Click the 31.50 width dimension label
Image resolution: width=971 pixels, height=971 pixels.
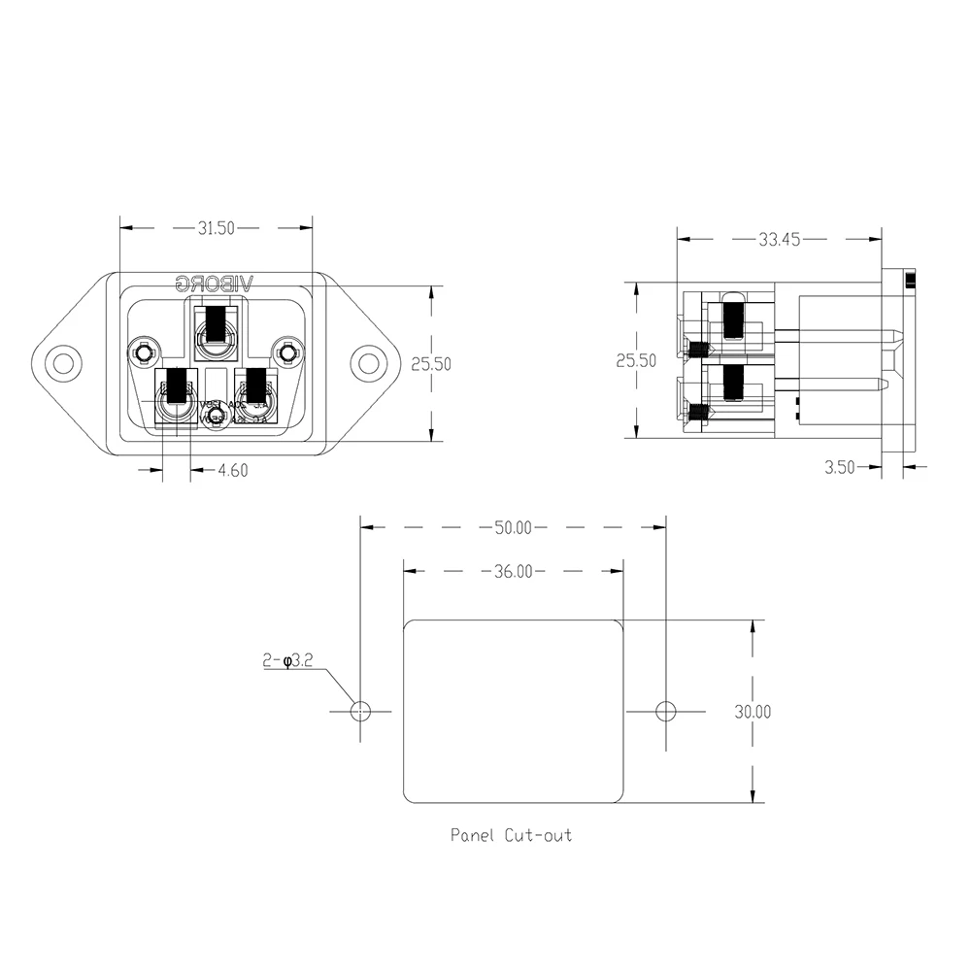point(217,229)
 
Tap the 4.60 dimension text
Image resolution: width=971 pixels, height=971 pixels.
point(233,470)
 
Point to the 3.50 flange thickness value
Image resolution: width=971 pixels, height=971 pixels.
point(839,467)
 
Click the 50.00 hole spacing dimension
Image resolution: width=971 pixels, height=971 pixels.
point(513,528)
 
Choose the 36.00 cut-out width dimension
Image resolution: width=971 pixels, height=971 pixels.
point(513,572)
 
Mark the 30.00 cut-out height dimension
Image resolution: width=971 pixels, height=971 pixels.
point(753,712)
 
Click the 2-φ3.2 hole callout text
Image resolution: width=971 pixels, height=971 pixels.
point(286,661)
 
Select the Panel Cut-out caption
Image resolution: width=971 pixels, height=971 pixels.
point(511,835)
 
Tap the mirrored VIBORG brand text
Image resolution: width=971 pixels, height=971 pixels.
point(214,284)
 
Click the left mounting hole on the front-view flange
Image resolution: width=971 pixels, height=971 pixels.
point(64,364)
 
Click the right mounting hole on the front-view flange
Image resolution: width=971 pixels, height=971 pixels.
point(368,364)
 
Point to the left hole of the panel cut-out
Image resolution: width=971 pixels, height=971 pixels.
point(360,711)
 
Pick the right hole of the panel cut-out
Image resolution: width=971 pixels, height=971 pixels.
point(665,711)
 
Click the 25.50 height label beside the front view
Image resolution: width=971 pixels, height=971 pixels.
point(430,364)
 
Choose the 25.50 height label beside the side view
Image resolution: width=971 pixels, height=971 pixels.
point(636,360)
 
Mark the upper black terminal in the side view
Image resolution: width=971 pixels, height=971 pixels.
point(733,317)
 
